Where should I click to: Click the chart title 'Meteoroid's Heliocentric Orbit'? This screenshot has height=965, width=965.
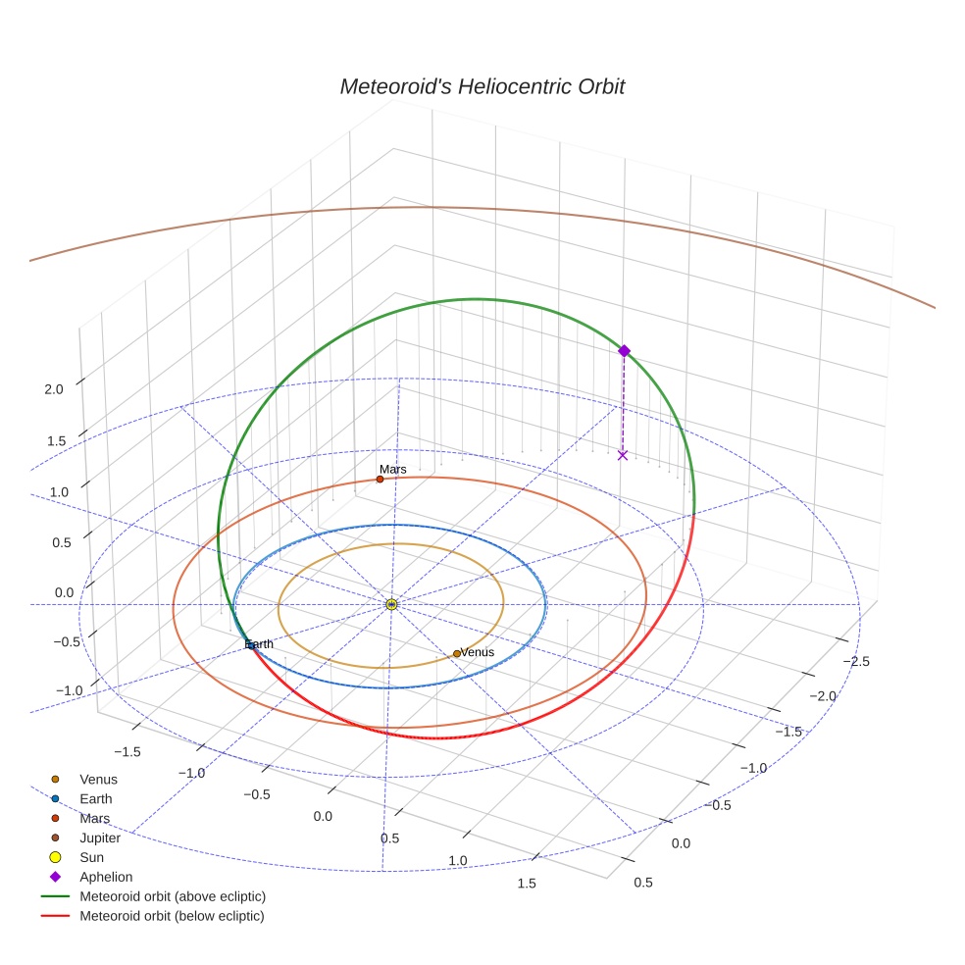482,86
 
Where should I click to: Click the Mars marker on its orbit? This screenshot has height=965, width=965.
380,479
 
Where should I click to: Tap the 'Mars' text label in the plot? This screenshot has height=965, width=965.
393,470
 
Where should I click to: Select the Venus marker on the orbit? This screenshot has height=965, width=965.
456,653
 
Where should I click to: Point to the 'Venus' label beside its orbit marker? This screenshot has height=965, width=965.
478,652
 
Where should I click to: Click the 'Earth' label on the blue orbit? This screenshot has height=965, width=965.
260,643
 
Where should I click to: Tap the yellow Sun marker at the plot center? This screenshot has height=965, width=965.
391,604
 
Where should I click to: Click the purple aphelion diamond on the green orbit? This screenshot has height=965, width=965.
623,350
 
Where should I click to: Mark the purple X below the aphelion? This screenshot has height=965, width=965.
622,455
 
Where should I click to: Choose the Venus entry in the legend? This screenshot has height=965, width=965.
98,779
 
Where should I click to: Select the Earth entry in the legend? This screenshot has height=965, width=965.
95,798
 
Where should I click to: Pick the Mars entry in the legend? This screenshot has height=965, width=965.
94,818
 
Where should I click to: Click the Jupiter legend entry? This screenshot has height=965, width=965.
100,838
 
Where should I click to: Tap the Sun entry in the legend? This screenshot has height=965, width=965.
91,857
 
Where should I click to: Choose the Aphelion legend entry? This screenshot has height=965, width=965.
106,877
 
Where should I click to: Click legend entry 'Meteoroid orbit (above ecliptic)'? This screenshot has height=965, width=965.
173,896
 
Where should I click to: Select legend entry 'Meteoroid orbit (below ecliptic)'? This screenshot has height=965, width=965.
172,916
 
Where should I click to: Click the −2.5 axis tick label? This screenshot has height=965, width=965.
854,661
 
